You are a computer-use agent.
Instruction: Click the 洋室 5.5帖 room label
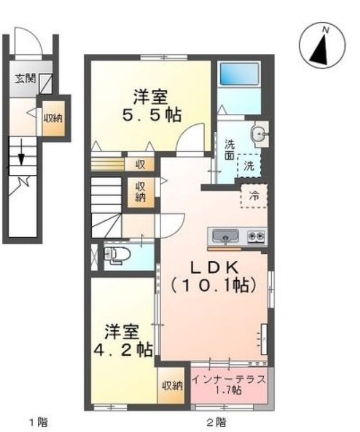click(151, 105)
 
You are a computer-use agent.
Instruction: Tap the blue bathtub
click(238, 74)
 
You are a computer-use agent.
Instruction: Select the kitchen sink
click(226, 235)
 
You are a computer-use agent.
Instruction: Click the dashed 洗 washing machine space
click(249, 166)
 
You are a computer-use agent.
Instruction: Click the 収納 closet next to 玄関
click(54, 118)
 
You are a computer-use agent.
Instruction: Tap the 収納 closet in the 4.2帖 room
click(171, 386)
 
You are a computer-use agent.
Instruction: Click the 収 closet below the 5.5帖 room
click(140, 164)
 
